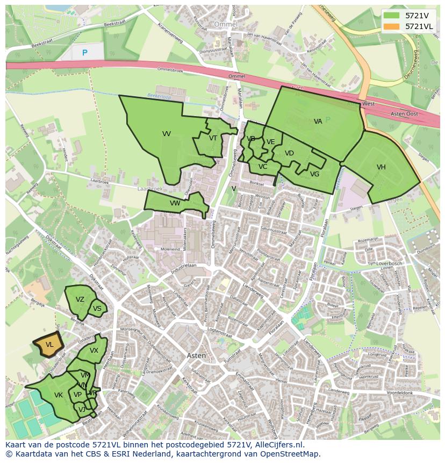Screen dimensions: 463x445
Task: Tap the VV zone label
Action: [x=167, y=134]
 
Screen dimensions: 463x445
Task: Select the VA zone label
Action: [x=318, y=122]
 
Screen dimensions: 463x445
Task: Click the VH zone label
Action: [x=381, y=167]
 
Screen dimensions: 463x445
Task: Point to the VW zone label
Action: [x=175, y=203]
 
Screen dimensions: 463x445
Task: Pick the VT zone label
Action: [x=213, y=138]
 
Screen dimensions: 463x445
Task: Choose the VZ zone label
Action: [x=80, y=300]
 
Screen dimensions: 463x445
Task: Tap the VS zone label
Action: [x=97, y=309]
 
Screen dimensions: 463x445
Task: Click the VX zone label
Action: [x=94, y=351]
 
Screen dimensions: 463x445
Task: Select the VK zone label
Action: [x=59, y=395]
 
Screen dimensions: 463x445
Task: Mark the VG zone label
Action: [x=314, y=174]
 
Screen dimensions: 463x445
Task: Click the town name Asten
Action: [x=196, y=355]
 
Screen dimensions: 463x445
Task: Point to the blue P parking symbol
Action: [x=84, y=53]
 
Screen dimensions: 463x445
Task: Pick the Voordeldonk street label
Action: [x=399, y=393]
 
